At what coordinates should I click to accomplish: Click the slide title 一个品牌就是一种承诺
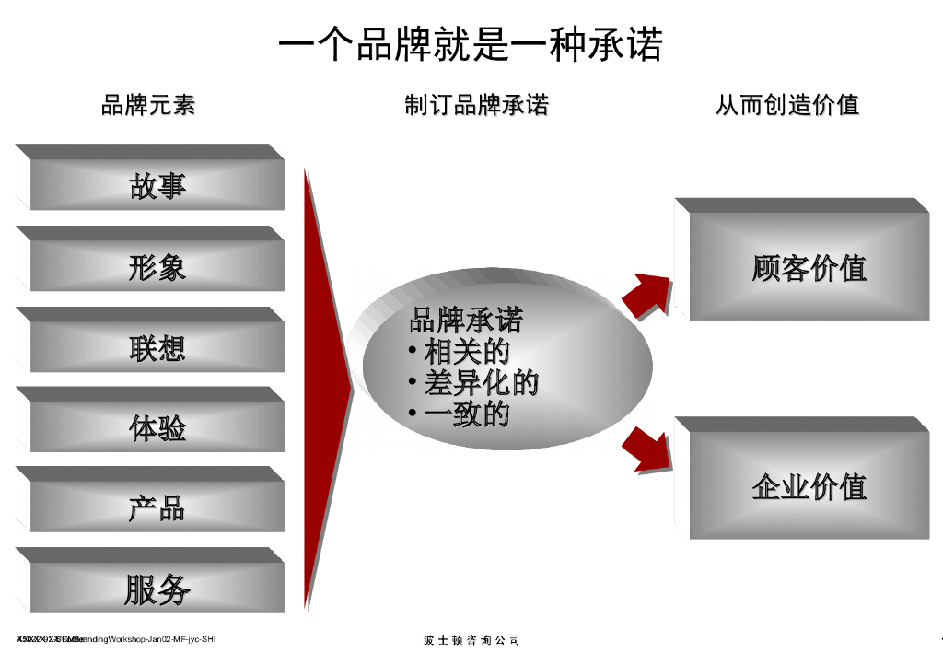click(471, 44)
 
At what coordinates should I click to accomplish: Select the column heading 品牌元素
click(147, 105)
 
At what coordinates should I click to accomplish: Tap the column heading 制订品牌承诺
click(476, 105)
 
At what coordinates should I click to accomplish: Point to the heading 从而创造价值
click(787, 105)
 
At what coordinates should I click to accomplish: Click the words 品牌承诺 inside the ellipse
click(466, 321)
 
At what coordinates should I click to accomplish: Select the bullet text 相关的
click(466, 351)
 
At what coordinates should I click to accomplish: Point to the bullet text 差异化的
click(481, 382)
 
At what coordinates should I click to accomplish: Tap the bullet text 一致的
click(466, 414)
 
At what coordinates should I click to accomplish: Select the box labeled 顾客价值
click(809, 268)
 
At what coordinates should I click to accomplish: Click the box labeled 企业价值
click(809, 486)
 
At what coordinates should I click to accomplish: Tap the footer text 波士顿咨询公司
click(471, 640)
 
